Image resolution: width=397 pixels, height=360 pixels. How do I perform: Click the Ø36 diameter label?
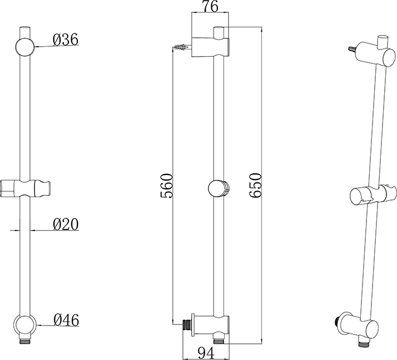(x=66, y=40)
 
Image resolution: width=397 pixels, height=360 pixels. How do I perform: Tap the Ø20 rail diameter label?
(x=66, y=224)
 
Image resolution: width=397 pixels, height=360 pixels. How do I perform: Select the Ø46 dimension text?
(x=66, y=320)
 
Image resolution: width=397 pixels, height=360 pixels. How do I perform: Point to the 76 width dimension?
(x=210, y=7)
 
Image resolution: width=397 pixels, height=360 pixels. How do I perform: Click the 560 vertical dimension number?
(x=167, y=186)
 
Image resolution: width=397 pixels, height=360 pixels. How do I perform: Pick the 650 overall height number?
(x=255, y=186)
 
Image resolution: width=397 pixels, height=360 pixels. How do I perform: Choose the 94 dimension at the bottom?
(x=206, y=353)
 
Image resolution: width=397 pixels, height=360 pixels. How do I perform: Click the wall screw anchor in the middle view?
(x=182, y=47)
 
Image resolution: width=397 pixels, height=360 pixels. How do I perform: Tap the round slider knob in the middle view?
(x=219, y=188)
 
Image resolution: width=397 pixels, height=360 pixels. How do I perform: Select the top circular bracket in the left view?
(x=25, y=47)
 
